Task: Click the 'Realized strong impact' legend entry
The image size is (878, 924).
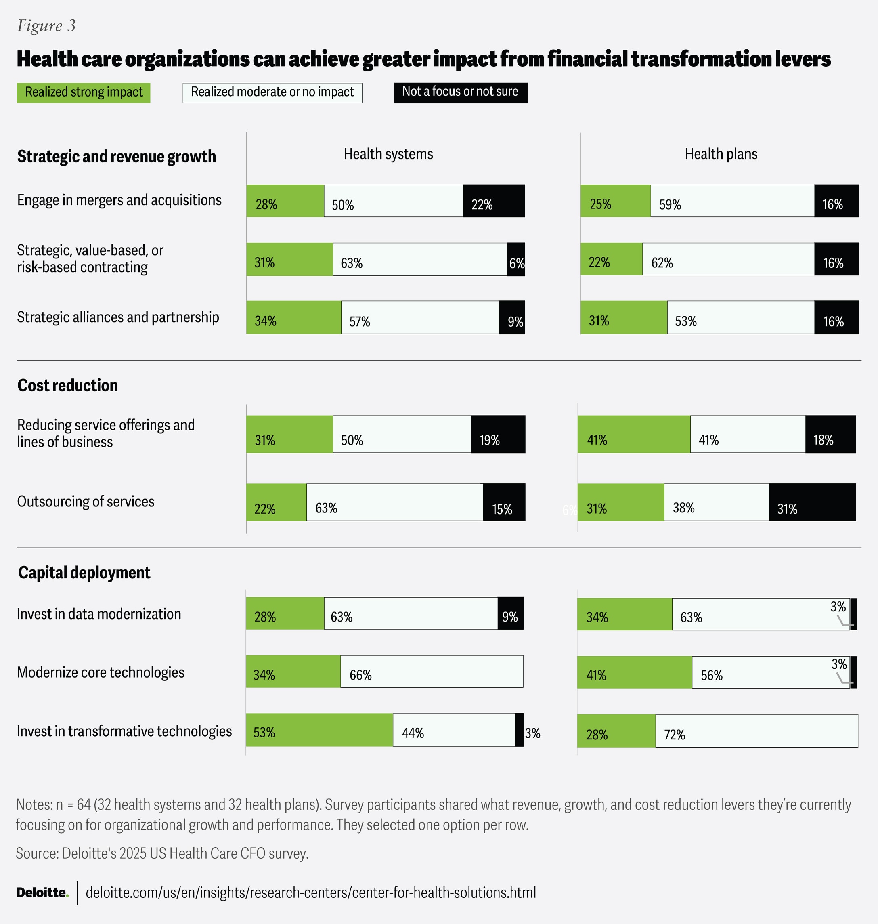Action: (x=83, y=92)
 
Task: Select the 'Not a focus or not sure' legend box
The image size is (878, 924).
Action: (x=460, y=92)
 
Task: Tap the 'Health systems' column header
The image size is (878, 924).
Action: (x=388, y=154)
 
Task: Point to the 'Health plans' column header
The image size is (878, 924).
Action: (x=721, y=154)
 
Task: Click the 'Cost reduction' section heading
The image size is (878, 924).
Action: (x=67, y=385)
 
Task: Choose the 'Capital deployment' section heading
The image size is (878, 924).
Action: (x=84, y=572)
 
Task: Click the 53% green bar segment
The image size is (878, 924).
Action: (x=319, y=730)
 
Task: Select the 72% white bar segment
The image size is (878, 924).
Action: (x=756, y=731)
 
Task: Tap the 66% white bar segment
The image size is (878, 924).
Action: (x=432, y=672)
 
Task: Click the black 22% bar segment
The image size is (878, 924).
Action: (x=494, y=201)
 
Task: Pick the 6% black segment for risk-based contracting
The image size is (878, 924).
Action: (x=516, y=259)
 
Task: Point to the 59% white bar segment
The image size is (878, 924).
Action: (x=732, y=201)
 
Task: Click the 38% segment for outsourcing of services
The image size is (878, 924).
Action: (x=716, y=502)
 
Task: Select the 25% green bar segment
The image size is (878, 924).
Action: (x=616, y=201)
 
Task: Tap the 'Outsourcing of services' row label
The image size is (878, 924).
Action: (x=86, y=502)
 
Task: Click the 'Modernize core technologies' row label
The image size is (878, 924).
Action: (x=101, y=672)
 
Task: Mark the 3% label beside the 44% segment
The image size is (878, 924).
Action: (x=532, y=733)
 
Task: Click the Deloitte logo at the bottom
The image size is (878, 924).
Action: (x=42, y=892)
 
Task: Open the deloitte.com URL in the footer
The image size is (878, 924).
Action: (x=311, y=892)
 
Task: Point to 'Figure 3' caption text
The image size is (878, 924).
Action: (x=46, y=26)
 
